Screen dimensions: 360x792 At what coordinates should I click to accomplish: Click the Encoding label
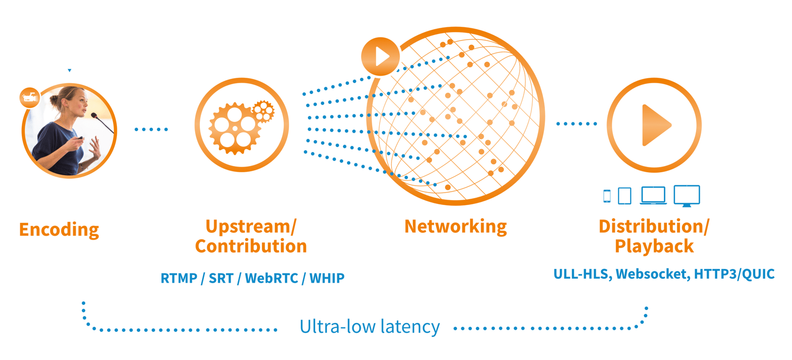point(59,230)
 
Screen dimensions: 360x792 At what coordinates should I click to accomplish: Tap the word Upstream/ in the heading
point(250,226)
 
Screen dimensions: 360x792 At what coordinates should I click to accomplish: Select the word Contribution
point(250,246)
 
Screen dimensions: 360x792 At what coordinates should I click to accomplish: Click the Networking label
point(455,226)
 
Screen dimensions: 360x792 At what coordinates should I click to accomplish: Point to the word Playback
point(654,246)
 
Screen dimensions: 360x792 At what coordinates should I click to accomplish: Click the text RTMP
point(179,278)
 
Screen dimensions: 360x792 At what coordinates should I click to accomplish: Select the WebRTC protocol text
point(271,278)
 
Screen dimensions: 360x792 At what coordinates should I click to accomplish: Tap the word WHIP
point(327,278)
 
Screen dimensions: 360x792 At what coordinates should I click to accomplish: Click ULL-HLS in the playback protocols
point(580,274)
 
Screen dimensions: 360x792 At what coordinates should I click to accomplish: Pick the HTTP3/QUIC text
point(734,274)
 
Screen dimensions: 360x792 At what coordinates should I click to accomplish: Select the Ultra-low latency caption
point(369,327)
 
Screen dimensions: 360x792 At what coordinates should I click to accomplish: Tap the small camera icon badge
point(30,98)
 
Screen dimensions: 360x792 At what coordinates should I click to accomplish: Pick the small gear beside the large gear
point(263,111)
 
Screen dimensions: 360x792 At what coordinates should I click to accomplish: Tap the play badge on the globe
point(380,56)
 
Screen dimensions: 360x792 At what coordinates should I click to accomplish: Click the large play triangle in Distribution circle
point(654,125)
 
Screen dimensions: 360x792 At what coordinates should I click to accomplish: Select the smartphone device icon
point(607,196)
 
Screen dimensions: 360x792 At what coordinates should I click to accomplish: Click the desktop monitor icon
point(687,196)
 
